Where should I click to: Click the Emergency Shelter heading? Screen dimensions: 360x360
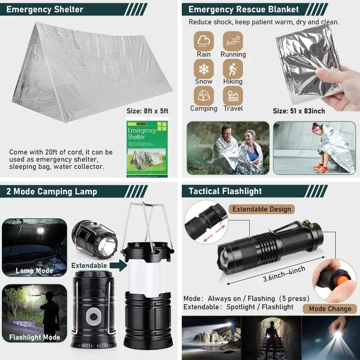(45, 9)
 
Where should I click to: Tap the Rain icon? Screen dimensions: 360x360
(203, 41)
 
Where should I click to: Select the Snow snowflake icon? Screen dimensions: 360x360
(203, 68)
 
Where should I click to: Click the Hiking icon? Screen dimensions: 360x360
(233, 68)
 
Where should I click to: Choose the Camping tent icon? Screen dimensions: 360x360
(203, 95)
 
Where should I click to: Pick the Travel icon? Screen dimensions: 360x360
(233, 95)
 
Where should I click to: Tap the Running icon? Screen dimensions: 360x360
(233, 41)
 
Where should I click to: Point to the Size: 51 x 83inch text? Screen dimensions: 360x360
(299, 111)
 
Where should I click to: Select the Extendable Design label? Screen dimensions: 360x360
(262, 209)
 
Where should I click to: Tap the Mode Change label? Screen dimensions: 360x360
(330, 309)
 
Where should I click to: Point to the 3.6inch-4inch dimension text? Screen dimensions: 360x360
(284, 274)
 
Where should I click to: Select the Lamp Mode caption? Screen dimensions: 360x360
(34, 271)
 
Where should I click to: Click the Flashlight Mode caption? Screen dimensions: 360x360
(34, 337)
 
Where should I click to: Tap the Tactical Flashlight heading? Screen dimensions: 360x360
(225, 191)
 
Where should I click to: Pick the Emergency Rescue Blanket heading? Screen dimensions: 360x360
(243, 9)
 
